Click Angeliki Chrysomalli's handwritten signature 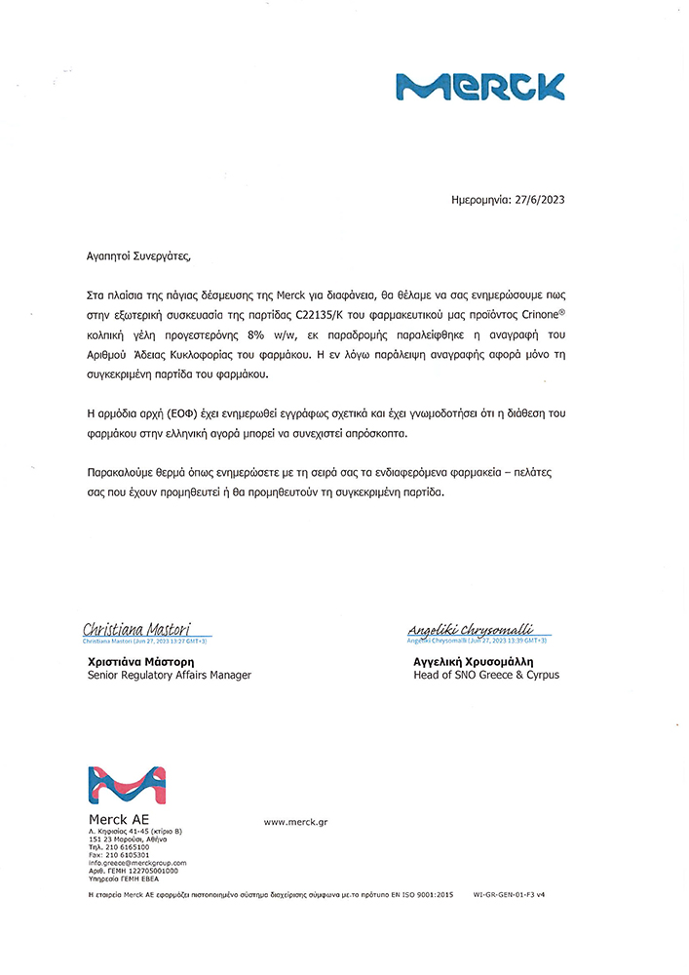469,630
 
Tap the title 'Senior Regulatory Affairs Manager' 170,675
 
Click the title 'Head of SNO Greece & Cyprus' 486,675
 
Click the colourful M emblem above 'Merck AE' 127,787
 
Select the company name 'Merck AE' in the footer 119,819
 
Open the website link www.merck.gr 295,822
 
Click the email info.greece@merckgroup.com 137,863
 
